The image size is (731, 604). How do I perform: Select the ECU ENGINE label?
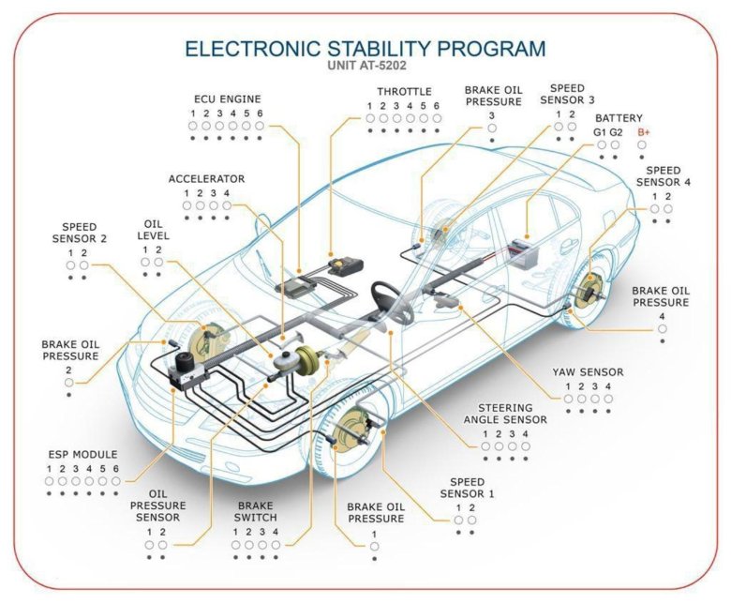[x=227, y=98]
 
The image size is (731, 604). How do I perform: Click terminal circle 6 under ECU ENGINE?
[x=260, y=125]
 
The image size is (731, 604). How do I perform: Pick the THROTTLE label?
[x=404, y=92]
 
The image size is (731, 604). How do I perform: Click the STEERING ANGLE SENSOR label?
[x=505, y=415]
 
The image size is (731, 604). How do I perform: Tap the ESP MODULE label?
[x=82, y=454]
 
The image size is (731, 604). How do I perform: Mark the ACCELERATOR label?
[x=206, y=178]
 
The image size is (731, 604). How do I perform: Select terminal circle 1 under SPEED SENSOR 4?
[x=654, y=208]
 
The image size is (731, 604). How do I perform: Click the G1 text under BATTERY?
[x=601, y=132]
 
